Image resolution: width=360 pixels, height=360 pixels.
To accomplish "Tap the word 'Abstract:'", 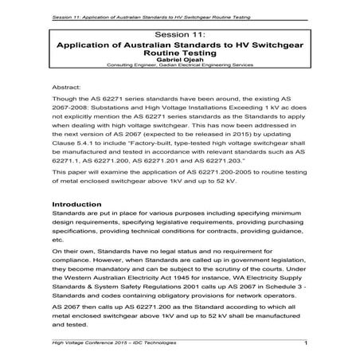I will coord(67,84).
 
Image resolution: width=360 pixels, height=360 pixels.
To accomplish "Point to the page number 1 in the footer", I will coord(307,343).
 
